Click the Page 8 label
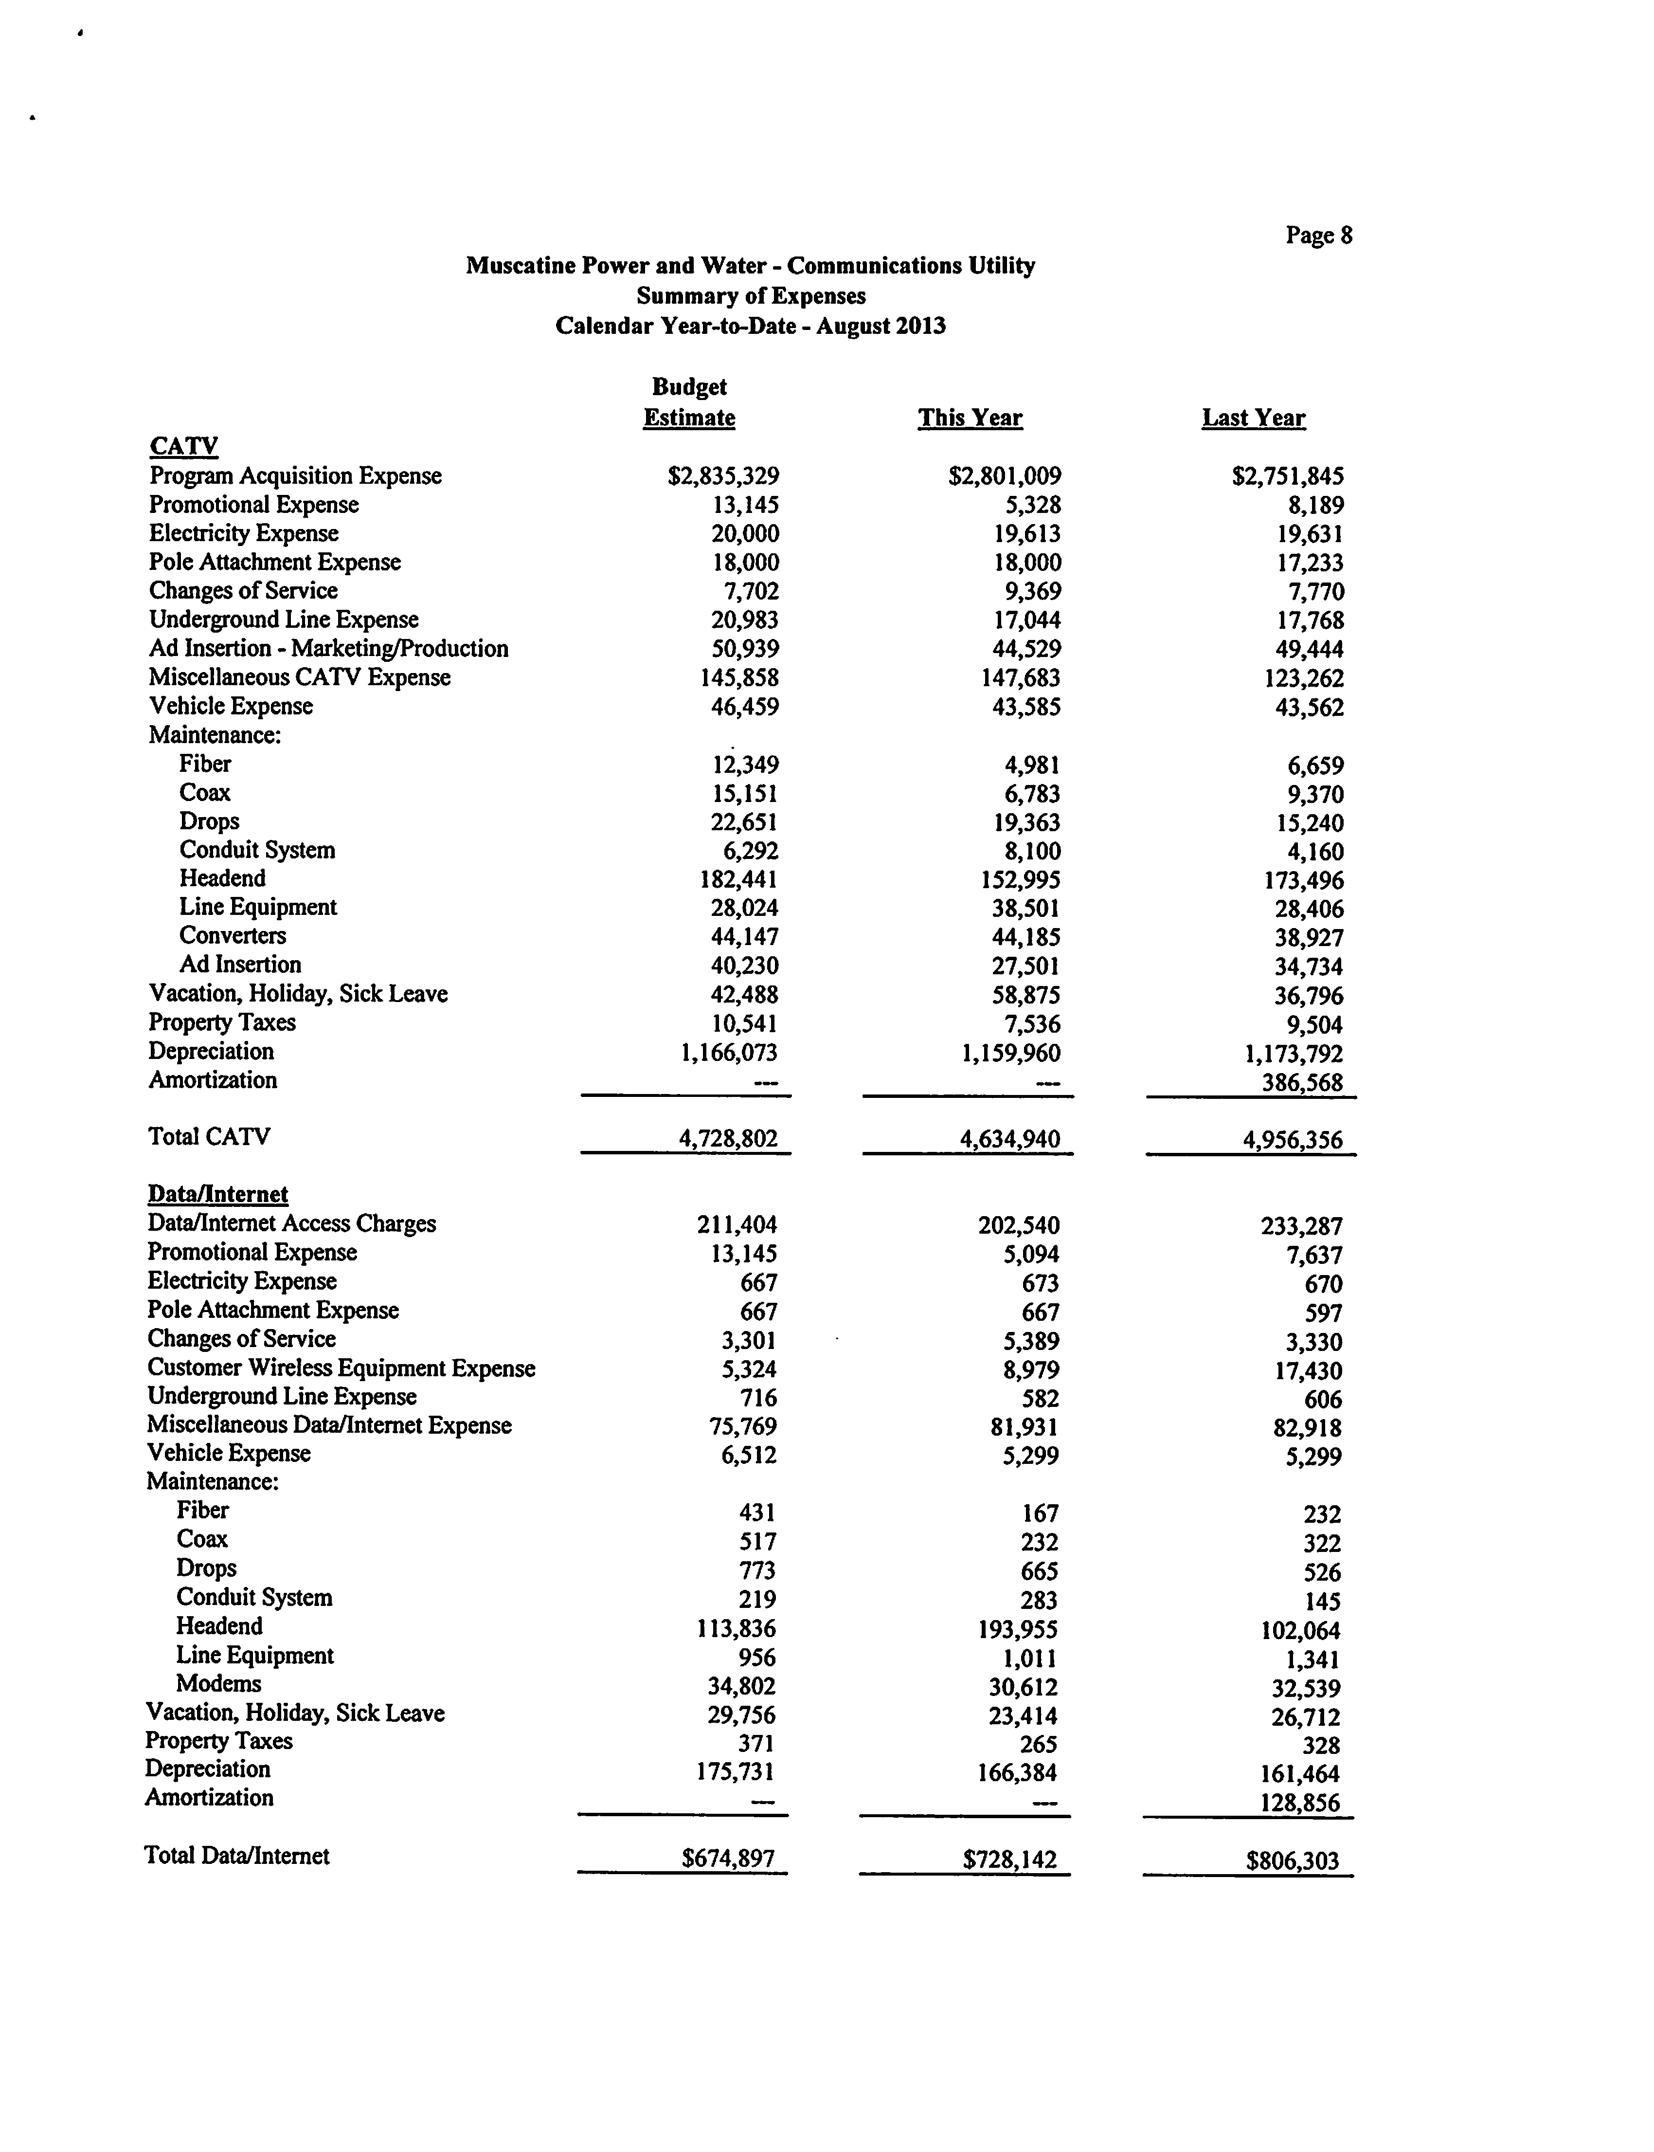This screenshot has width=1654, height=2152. pos(1318,236)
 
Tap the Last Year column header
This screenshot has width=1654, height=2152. pos(1253,418)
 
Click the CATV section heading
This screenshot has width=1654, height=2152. pos(184,446)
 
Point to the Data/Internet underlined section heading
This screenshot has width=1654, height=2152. pos(217,1195)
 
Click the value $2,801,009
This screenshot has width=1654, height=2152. pos(1004,477)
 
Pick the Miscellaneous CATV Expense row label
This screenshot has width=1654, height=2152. pos(299,677)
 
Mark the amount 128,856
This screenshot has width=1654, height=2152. pos(1299,1804)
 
